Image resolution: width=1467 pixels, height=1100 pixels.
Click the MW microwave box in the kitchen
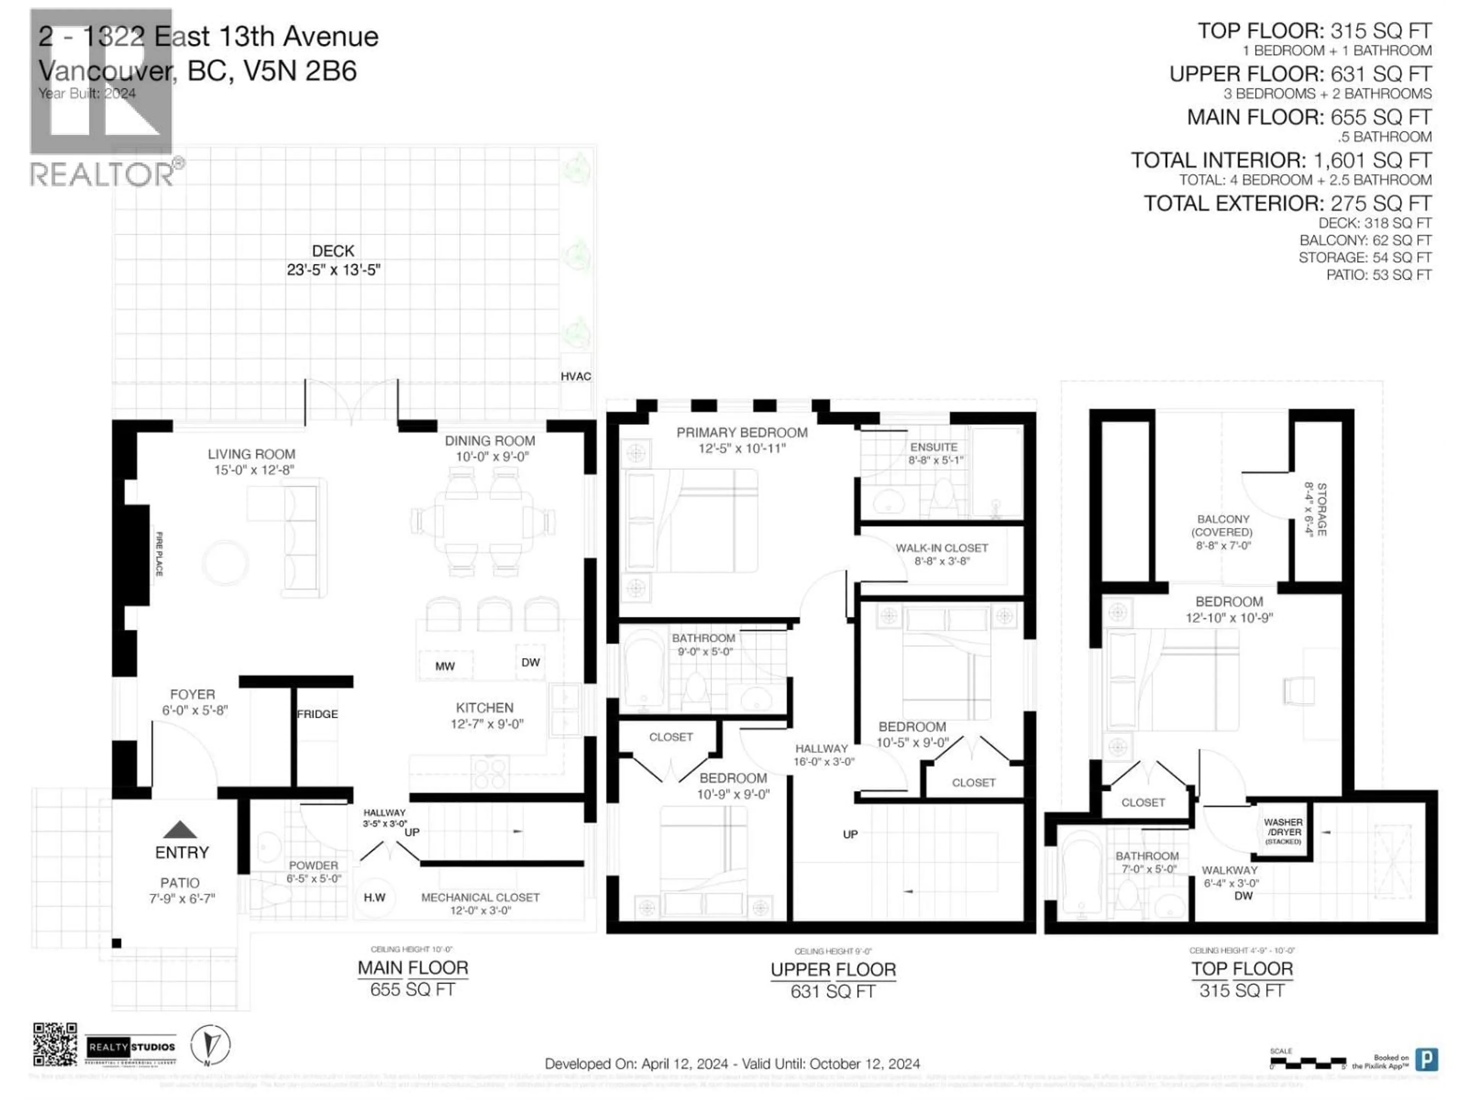pyautogui.click(x=445, y=666)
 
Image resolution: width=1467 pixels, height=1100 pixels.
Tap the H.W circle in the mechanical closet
pyautogui.click(x=375, y=897)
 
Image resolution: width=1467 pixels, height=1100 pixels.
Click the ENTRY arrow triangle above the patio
pyautogui.click(x=180, y=830)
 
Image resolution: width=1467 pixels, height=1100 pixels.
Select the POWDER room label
pyautogui.click(x=313, y=865)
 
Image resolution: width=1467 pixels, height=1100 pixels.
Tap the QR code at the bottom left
pyautogui.click(x=55, y=1044)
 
